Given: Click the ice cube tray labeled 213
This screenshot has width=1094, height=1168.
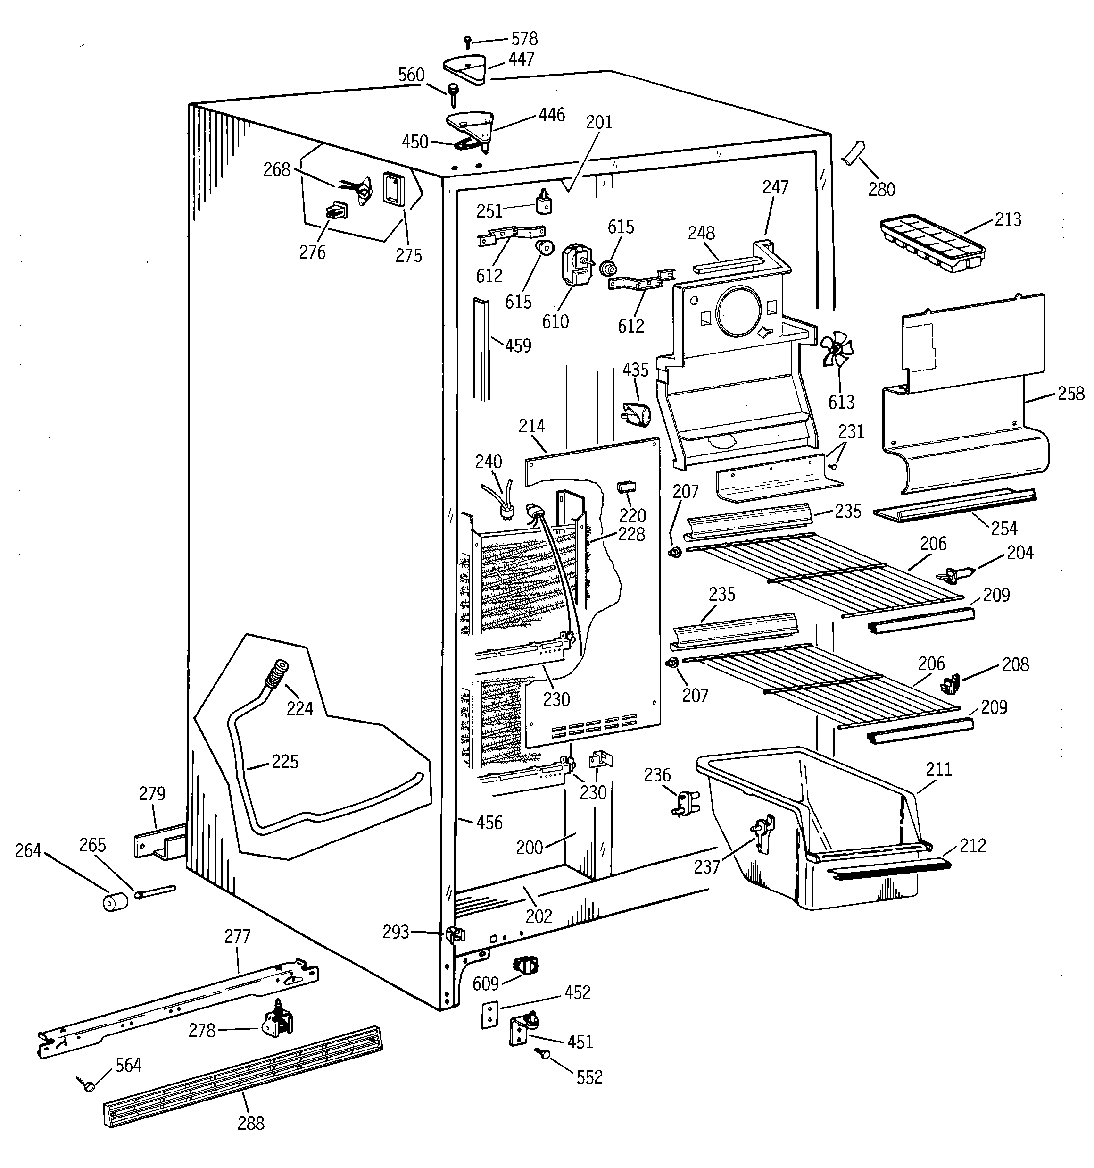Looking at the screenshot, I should [x=931, y=243].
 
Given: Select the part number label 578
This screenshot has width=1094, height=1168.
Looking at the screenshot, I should [x=524, y=39].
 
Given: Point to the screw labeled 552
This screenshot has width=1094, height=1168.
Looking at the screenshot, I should [x=543, y=1054].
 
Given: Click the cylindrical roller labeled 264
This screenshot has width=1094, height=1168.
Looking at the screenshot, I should [x=116, y=901].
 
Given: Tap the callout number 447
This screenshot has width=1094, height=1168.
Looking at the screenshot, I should [x=521, y=59].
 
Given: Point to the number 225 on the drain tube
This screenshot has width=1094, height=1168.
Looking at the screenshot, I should [x=285, y=762].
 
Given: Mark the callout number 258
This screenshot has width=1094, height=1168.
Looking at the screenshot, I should [x=1070, y=393].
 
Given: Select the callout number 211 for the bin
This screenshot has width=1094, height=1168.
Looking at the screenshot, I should [x=938, y=769].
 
